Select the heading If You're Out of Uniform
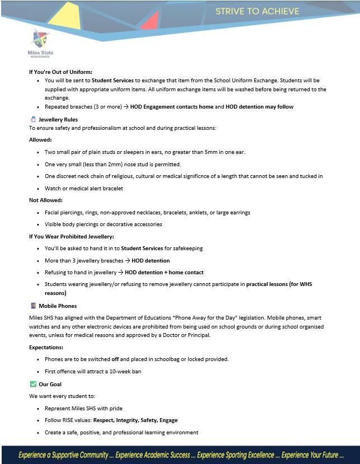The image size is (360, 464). (60, 72)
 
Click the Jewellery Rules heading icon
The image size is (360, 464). (32, 119)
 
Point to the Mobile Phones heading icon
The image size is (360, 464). (32, 306)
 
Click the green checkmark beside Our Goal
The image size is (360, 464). (32, 384)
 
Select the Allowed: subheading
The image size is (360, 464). (40, 139)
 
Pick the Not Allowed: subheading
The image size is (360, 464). (46, 200)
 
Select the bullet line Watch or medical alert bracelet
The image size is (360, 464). (83, 188)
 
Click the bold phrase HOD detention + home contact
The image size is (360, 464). (164, 273)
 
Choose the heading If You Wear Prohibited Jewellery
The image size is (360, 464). (71, 236)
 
